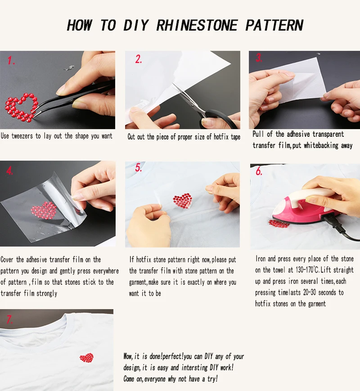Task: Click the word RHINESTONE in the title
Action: tap(197, 26)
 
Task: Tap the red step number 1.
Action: tap(11, 61)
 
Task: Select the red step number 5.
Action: tap(139, 167)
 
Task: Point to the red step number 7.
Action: tap(9, 319)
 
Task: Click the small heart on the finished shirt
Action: tap(86, 358)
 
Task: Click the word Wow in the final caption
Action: tap(128, 356)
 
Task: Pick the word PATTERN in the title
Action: tap(274, 26)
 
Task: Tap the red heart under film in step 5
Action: tap(183, 201)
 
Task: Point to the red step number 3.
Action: tap(259, 58)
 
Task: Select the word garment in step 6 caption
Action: tap(317, 304)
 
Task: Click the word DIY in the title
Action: tap(136, 26)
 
